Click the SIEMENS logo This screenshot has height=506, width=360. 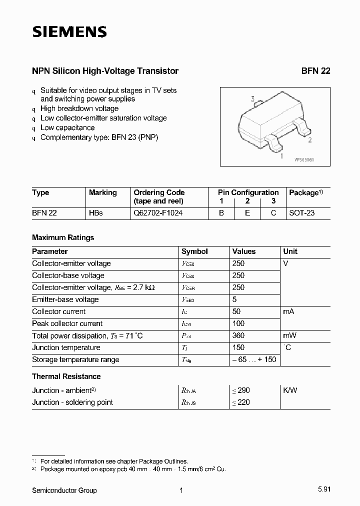pyautogui.click(x=69, y=32)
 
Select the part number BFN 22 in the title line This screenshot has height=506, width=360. pyautogui.click(x=315, y=71)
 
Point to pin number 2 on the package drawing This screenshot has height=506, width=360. pyautogui.click(x=310, y=140)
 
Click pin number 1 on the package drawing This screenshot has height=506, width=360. pyautogui.click(x=281, y=156)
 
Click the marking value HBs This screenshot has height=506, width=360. pyautogui.click(x=96, y=213)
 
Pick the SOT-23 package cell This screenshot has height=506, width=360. pyautogui.click(x=302, y=213)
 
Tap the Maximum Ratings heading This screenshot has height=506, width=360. pyautogui.click(x=63, y=237)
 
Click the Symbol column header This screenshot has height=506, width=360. pyautogui.click(x=194, y=251)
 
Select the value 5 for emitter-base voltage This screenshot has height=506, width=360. pyautogui.click(x=234, y=299)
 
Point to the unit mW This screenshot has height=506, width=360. pyautogui.click(x=290, y=335)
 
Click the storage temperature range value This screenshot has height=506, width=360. pyautogui.click(x=254, y=359)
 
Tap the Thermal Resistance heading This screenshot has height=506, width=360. pyautogui.click(x=66, y=376)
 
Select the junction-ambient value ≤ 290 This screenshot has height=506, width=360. pyautogui.click(x=241, y=390)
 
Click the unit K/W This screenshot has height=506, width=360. pyautogui.click(x=290, y=390)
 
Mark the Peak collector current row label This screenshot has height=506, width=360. pyautogui.click(x=67, y=323)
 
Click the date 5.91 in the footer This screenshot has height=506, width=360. pyautogui.click(x=323, y=490)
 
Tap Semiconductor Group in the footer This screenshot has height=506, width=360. pyautogui.click(x=64, y=490)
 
